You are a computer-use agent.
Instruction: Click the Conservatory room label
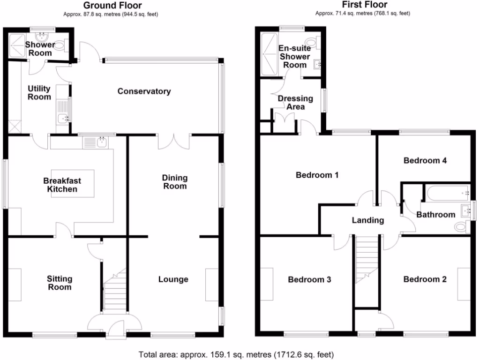click(x=144, y=91)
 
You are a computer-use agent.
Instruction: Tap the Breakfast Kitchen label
click(x=62, y=185)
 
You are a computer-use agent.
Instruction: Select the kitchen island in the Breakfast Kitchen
click(x=72, y=183)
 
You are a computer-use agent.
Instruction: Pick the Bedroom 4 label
click(x=425, y=160)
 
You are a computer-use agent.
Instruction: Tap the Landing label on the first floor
click(x=368, y=220)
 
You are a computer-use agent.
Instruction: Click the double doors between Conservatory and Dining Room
click(x=174, y=141)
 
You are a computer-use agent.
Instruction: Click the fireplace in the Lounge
click(x=212, y=285)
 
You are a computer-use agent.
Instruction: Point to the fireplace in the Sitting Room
click(x=15, y=285)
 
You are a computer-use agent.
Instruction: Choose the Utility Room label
click(x=39, y=93)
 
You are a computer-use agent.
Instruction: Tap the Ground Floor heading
click(x=111, y=6)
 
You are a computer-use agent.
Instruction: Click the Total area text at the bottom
click(x=236, y=353)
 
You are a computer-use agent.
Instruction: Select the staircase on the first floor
click(x=367, y=262)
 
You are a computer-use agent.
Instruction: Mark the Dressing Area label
click(x=295, y=103)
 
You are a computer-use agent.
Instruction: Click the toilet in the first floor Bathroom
click(x=462, y=227)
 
